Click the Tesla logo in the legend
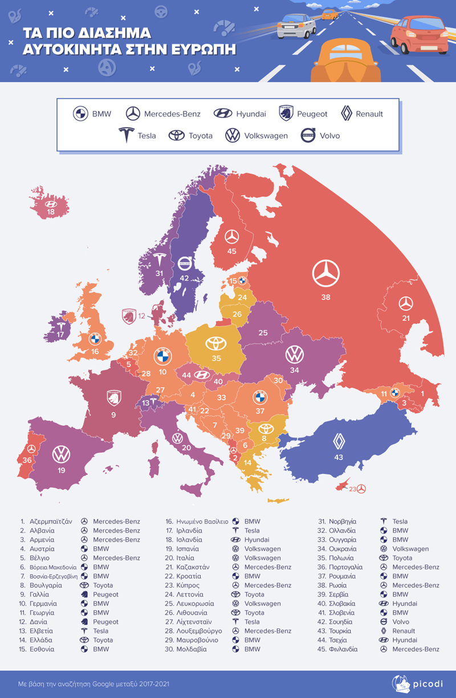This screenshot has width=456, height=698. pos(126,135)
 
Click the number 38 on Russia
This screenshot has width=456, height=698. pos(325,297)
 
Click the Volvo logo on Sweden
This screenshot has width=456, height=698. pos(185,264)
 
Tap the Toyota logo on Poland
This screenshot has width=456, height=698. pos(216,343)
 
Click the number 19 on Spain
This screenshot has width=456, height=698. pos(61,470)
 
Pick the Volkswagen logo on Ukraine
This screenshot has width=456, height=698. pos(295,354)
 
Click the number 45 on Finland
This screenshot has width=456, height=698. pos(231,250)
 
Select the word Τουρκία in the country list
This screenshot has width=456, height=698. pos(340,631)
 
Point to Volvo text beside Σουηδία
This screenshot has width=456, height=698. pos(401,622)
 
